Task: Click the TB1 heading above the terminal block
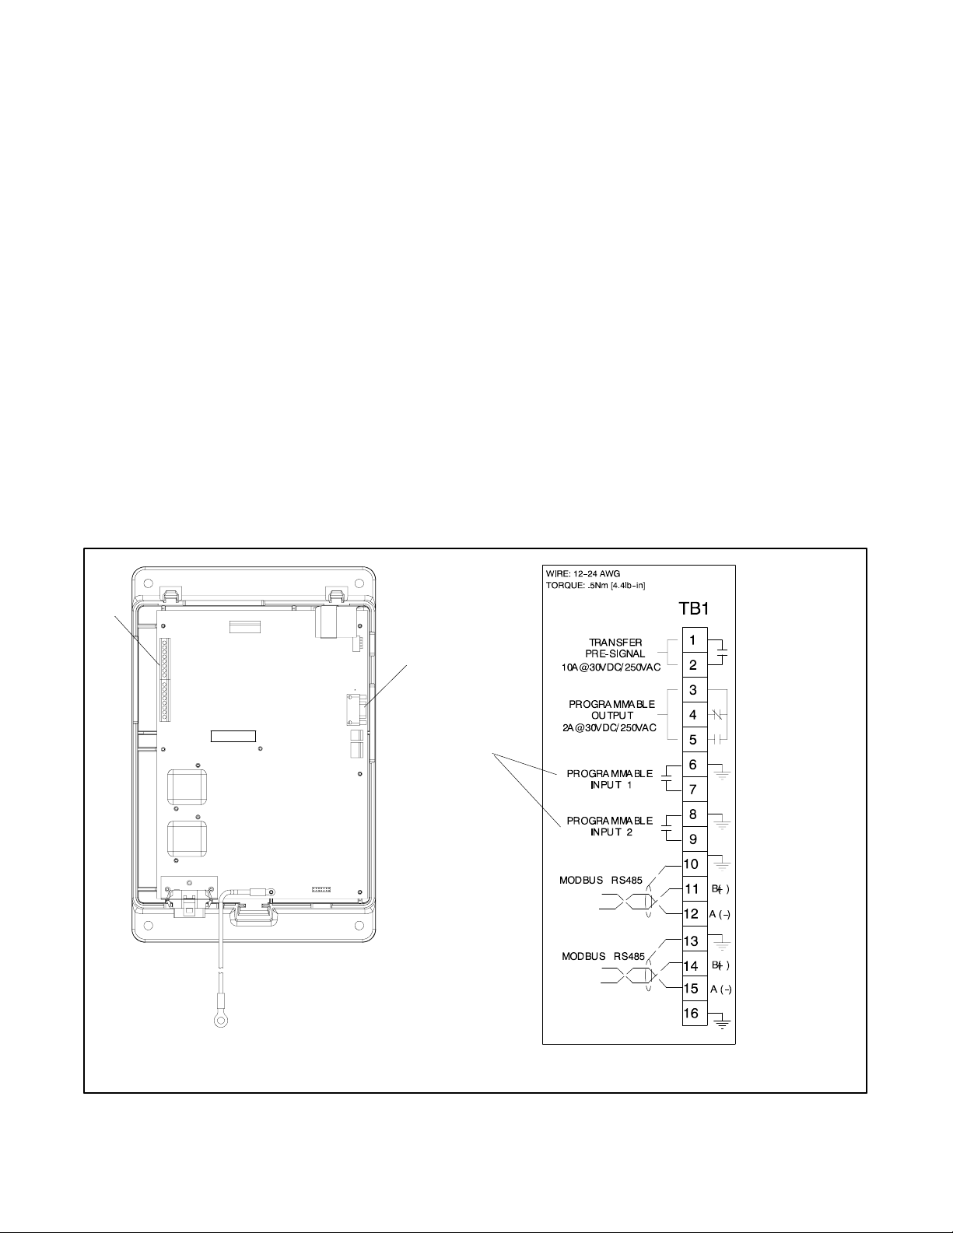pos(694,609)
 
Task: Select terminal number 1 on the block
pos(692,640)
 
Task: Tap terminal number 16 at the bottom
pos(692,1013)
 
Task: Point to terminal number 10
pos(692,864)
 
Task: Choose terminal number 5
pos(692,740)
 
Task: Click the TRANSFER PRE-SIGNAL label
pos(615,648)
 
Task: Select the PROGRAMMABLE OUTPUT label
pos(612,709)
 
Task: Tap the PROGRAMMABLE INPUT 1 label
pos(610,779)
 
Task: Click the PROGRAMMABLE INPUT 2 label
pos(610,826)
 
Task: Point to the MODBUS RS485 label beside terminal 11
pos(601,881)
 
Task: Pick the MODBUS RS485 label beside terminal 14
pos(603,957)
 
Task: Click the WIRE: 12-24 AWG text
pos(583,573)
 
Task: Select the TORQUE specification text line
pos(596,585)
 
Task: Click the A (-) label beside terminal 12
pos(720,914)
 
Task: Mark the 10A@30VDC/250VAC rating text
pos(611,667)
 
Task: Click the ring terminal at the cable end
pos(220,1022)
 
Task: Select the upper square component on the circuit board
pos(187,787)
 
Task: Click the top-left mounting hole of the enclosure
pos(149,583)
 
